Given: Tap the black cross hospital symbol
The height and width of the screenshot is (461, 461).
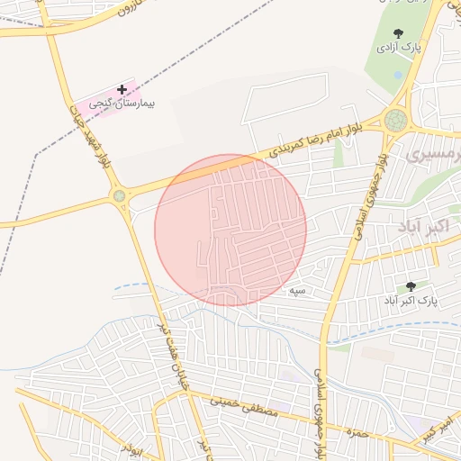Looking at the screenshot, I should point(122,89).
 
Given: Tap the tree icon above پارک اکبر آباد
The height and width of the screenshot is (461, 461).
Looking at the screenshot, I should point(411,286).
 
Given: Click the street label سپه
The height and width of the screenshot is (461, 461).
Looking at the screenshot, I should point(297,292).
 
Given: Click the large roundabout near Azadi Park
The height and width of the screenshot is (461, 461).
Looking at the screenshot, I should point(395,120).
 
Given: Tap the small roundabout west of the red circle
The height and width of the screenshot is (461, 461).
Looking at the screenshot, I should point(119,194).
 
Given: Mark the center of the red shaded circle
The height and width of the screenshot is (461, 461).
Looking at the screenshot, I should point(230,230).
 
